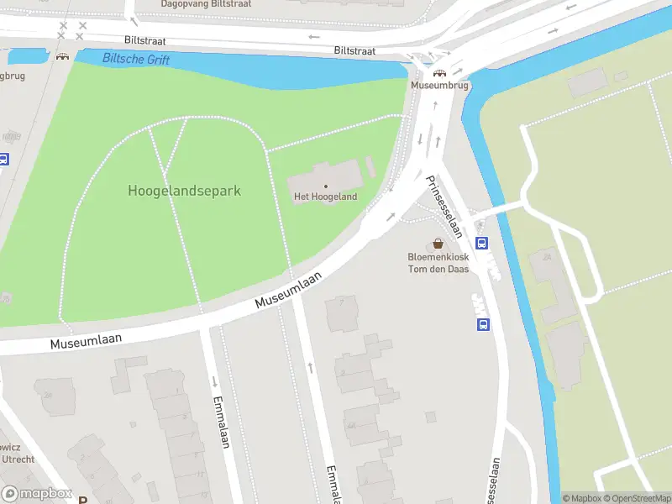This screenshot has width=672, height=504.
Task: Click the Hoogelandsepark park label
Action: [184, 191]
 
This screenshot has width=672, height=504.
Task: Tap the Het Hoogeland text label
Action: [325, 197]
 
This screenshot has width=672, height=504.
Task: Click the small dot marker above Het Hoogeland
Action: [326, 186]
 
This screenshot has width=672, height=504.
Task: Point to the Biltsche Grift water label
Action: [136, 60]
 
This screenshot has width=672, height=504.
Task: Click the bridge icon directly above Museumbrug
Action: [438, 73]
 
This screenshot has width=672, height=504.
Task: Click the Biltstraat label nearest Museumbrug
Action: [354, 51]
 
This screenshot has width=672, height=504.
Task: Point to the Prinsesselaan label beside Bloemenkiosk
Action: [444, 206]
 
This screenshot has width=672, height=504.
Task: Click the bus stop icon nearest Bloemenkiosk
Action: [482, 244]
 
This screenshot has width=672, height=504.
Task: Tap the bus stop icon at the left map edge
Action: [3, 160]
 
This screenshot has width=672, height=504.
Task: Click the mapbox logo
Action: [36, 493]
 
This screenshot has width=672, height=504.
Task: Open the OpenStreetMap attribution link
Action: [637, 498]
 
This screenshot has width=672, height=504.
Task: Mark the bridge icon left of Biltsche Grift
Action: [62, 57]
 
